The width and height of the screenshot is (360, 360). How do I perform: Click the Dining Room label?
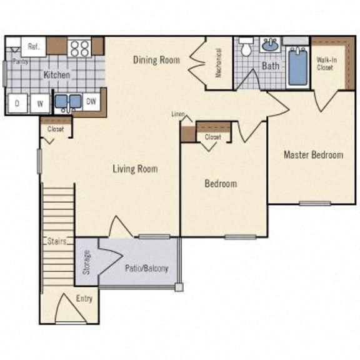click(156, 60)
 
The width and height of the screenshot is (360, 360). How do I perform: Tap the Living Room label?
click(135, 168)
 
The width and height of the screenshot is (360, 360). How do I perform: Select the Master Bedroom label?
click(313, 154)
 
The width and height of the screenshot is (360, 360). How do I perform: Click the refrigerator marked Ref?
click(33, 46)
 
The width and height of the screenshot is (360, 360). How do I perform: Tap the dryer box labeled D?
click(17, 103)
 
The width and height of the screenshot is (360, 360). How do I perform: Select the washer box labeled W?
click(40, 103)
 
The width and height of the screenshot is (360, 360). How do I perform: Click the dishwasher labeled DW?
click(91, 101)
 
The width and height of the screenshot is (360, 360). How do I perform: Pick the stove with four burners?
click(79, 47)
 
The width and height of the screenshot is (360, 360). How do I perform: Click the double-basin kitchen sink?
click(67, 101)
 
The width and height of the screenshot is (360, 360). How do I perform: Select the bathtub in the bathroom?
click(297, 67)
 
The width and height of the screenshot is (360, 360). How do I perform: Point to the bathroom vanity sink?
click(270, 45)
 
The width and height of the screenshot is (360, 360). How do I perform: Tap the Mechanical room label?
click(219, 62)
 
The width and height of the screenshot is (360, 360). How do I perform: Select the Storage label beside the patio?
click(87, 262)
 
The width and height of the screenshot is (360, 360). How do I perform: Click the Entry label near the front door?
click(84, 299)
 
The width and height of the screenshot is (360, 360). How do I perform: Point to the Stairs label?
click(57, 241)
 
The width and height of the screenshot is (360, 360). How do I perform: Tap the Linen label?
click(179, 114)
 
